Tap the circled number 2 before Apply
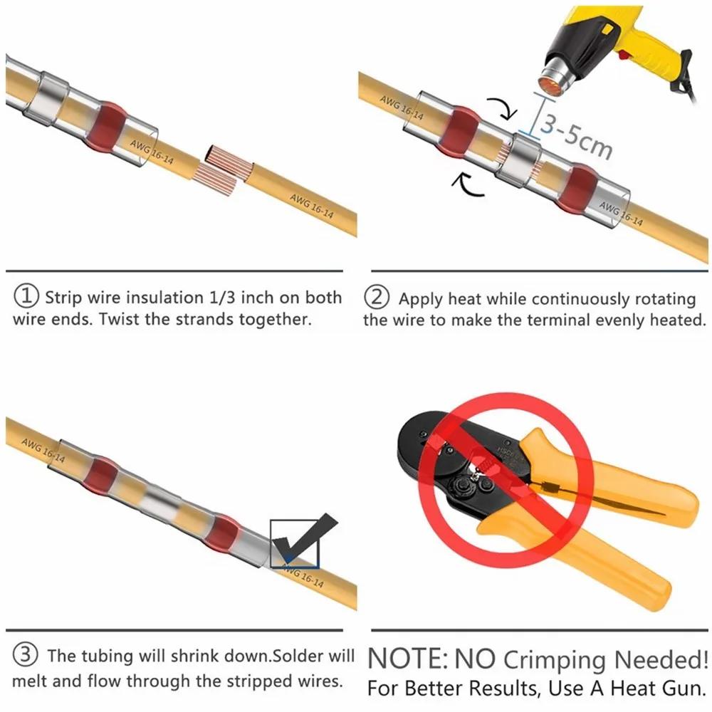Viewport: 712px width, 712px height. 377,297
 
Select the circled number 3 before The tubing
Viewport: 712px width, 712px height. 26,655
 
